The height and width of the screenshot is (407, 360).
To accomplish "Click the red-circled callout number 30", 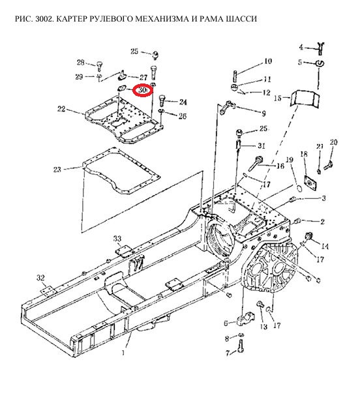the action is click(x=142, y=90).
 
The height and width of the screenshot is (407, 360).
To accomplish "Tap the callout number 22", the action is click(x=61, y=109).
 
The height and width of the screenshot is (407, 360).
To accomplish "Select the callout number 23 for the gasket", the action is click(x=57, y=170).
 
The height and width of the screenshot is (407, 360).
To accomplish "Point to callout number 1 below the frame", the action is click(x=123, y=352).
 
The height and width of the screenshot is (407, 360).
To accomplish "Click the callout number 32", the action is click(x=40, y=278).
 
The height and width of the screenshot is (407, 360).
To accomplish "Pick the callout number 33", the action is click(x=117, y=238).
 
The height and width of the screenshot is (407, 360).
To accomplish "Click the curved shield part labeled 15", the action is click(x=305, y=98).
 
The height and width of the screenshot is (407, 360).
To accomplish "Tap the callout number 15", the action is click(x=278, y=98).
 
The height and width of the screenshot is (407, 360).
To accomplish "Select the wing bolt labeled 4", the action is click(x=320, y=48).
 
